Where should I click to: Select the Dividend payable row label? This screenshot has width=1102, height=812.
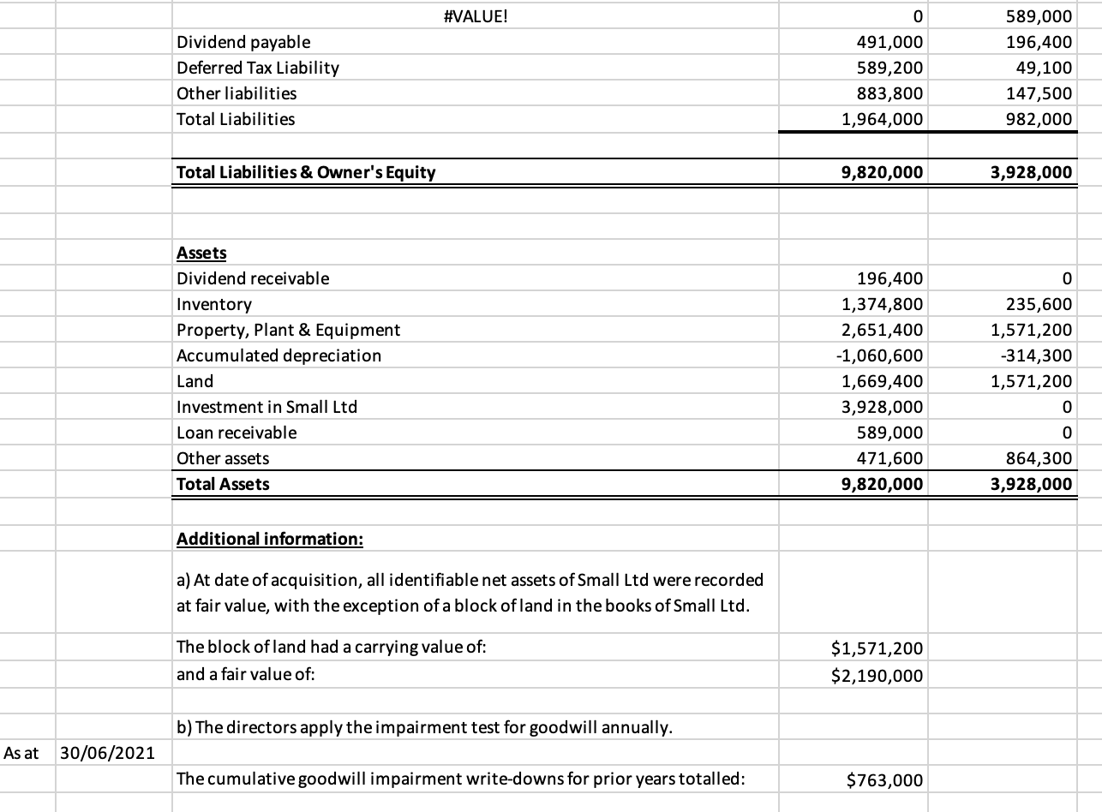(243, 42)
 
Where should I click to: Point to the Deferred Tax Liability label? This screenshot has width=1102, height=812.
(257, 68)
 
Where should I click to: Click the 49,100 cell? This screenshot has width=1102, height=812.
(1049, 68)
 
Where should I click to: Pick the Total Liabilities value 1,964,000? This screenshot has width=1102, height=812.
(882, 119)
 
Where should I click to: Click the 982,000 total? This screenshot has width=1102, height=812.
(1039, 119)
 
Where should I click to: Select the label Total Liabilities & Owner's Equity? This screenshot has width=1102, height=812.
(306, 172)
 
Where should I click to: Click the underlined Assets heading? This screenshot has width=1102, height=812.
(201, 253)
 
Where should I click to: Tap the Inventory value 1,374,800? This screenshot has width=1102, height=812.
(882, 304)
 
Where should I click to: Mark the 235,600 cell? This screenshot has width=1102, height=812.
(1039, 304)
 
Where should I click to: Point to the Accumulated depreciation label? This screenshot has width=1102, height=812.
(278, 355)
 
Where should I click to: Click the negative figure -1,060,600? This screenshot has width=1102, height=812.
(879, 355)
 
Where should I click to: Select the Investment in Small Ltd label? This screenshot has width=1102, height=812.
(267, 407)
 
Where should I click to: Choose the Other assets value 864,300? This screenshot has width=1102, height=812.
(1039, 458)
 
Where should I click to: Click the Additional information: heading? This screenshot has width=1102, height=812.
(270, 540)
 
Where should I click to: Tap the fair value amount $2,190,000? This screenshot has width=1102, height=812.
(877, 676)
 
